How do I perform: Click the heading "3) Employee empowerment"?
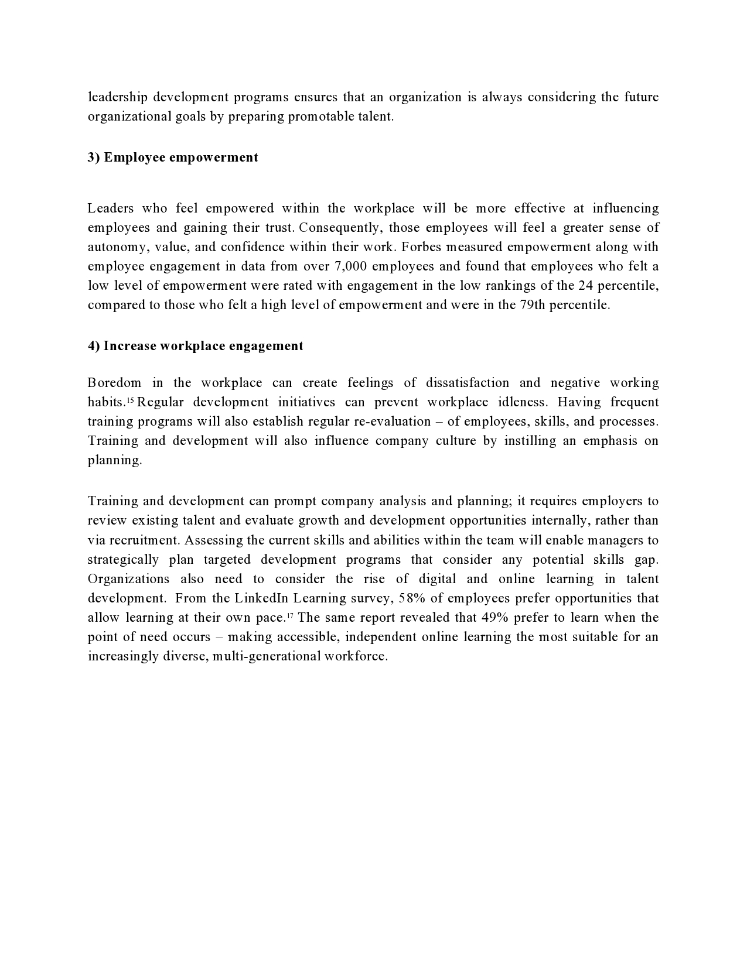coord(173,157)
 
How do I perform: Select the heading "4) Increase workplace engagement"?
coord(196,346)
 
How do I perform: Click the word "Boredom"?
coord(114,383)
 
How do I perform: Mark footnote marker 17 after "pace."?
coord(289,615)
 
